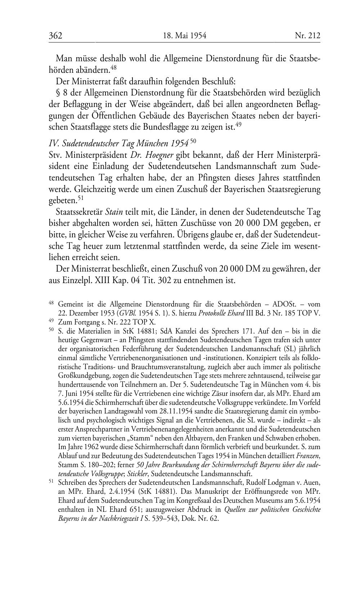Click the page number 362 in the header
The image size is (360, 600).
point(55,36)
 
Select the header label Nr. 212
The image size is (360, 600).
point(307,36)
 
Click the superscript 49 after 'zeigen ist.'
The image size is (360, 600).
point(238,124)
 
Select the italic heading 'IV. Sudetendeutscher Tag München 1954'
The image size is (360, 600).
point(118,143)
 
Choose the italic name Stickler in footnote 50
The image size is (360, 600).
point(145,474)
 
